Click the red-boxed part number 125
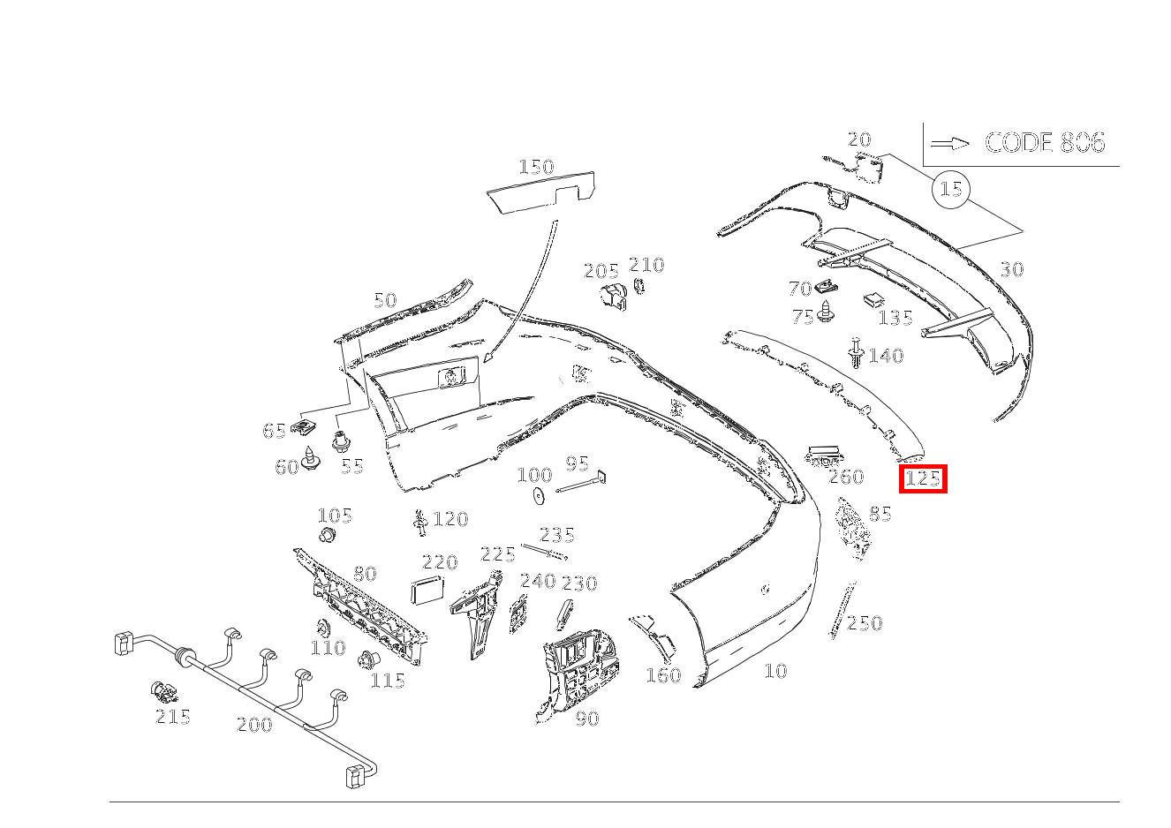(x=923, y=478)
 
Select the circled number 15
(x=950, y=189)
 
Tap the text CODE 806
(x=1045, y=143)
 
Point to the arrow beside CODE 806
(x=950, y=143)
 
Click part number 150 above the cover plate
(x=536, y=167)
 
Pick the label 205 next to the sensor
(x=601, y=271)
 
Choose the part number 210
(x=646, y=266)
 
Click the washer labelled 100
(x=538, y=496)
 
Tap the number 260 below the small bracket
(x=846, y=477)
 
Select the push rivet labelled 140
(x=855, y=352)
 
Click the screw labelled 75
(x=826, y=312)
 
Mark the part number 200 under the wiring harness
(x=254, y=725)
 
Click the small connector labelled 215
(x=163, y=693)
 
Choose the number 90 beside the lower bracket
(x=587, y=719)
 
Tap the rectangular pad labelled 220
(x=427, y=590)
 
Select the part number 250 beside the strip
(x=865, y=623)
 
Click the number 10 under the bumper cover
(x=775, y=671)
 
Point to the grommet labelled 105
(x=328, y=535)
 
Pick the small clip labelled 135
(x=874, y=299)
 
